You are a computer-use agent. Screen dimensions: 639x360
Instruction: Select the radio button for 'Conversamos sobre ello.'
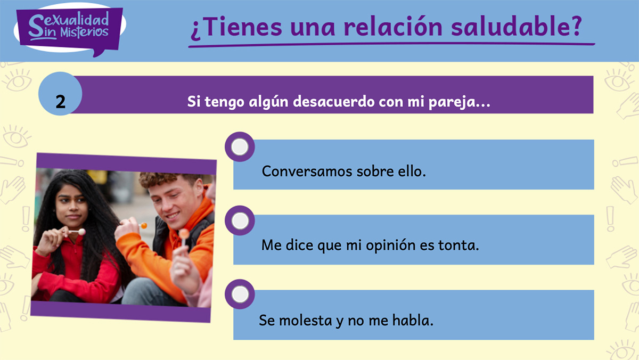240,147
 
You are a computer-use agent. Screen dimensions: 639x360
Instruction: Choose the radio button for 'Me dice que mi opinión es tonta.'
240,220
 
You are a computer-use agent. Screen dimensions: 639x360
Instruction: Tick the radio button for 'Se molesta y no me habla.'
240,294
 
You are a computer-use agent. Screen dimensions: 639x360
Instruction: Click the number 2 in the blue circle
61,102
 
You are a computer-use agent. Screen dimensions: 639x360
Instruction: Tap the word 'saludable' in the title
510,27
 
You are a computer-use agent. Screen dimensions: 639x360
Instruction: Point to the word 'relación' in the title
393,27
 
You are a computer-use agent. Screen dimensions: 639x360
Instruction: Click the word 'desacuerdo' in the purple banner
334,102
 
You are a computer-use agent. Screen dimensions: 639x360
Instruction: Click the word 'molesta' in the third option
305,321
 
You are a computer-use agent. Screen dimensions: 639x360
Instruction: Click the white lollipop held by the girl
81,232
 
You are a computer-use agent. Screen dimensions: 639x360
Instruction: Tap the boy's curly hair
166,179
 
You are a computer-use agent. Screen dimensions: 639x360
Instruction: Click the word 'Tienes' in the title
243,27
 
